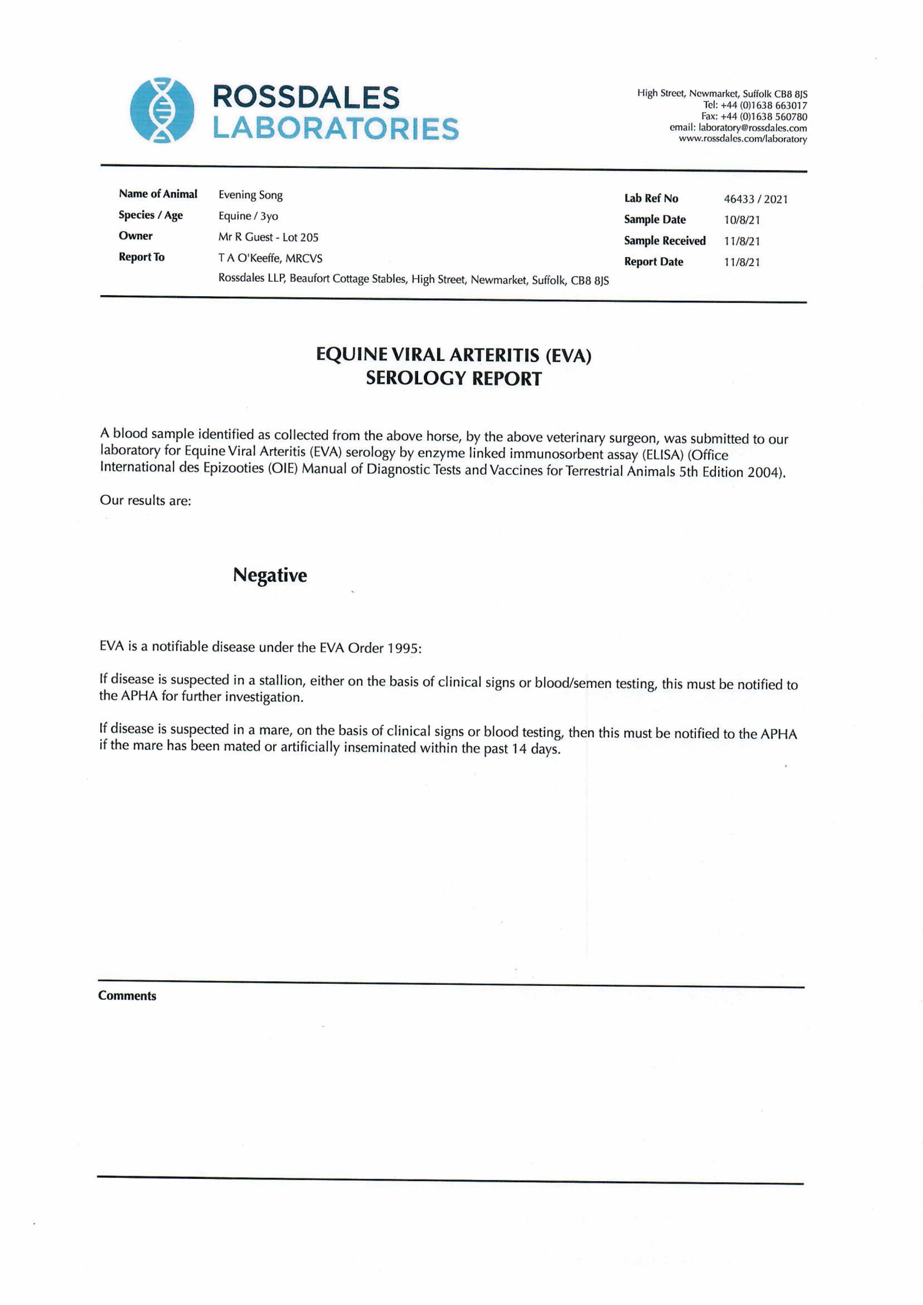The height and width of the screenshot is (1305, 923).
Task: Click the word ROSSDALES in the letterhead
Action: pos(306,98)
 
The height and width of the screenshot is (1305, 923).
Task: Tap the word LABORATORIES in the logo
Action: pos(335,128)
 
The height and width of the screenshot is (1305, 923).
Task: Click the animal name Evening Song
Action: pos(251,195)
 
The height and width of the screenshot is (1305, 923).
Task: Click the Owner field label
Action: pos(136,236)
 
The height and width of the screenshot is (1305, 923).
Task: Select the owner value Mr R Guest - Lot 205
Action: pos(268,237)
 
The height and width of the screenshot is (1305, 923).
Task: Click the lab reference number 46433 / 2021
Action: pos(755,199)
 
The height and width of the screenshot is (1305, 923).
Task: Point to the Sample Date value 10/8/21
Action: pos(742,220)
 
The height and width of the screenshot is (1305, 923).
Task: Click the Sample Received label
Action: pos(664,241)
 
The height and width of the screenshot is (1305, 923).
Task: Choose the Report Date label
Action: pos(654,262)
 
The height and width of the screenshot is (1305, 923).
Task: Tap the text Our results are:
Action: pos(146,500)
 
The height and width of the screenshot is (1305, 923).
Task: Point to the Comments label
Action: pos(127,996)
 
